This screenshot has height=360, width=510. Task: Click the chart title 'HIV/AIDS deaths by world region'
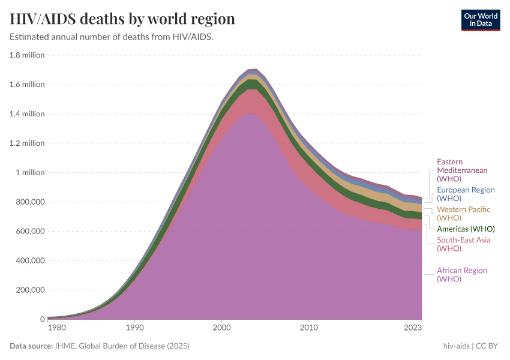tap(122, 19)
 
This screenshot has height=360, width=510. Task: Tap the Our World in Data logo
tap(480, 20)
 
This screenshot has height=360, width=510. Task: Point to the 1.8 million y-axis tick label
tap(27, 55)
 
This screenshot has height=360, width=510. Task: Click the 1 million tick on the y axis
tap(29, 173)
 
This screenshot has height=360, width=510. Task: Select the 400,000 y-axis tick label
tap(28, 261)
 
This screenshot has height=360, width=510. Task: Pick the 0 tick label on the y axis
tap(42, 319)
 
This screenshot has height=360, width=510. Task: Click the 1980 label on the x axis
tap(56, 328)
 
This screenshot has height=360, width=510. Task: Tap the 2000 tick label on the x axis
tap(222, 328)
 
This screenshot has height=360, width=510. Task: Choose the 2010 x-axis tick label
tap(308, 328)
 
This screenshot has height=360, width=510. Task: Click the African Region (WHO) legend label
tap(461, 275)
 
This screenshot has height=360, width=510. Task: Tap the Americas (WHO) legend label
tap(466, 229)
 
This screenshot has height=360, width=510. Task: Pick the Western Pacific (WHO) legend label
tap(463, 214)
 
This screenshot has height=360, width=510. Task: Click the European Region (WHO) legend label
tap(466, 194)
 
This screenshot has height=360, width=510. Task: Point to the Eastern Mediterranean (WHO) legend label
tap(462, 170)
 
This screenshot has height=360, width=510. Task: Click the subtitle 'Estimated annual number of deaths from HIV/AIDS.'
tap(112, 37)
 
